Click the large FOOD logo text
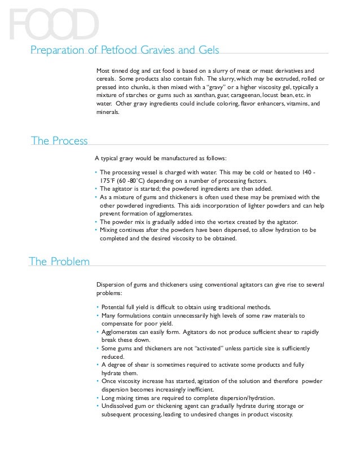click(54, 24)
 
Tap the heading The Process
click(59, 140)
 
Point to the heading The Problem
click(59, 261)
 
